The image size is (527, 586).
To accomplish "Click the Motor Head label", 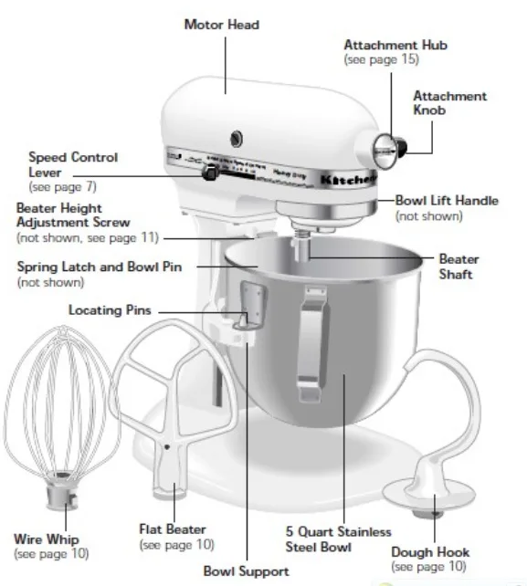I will click(221, 25).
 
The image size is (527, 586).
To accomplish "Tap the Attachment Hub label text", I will click(394, 45).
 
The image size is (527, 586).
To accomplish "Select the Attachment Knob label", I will click(449, 103).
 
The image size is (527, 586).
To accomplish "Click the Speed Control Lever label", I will click(72, 164).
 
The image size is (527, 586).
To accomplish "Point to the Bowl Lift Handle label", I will click(447, 200).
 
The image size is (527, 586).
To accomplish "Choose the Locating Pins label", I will click(110, 310).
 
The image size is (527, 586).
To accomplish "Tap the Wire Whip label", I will click(45, 538).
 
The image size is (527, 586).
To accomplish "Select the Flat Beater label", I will click(172, 528).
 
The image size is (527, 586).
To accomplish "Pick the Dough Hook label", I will click(430, 551).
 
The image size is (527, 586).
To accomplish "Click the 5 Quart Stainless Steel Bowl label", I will click(337, 539).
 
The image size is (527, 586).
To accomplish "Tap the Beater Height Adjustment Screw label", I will click(73, 215).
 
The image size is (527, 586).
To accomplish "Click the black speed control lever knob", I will click(210, 172).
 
